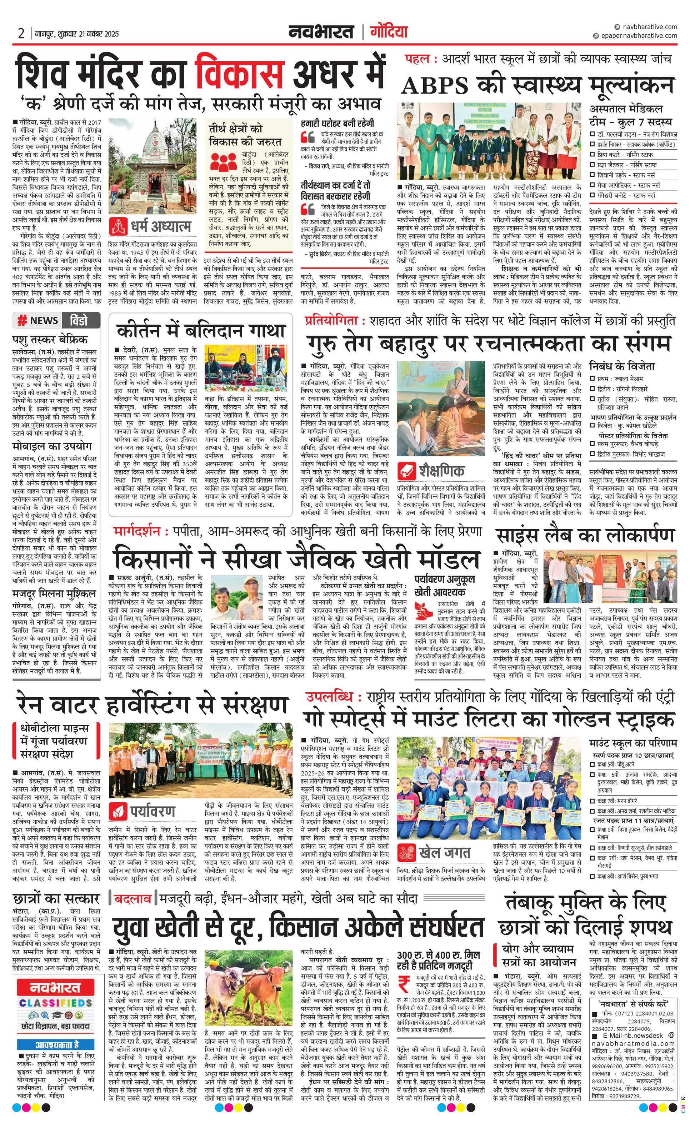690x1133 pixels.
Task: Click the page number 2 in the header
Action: click(x=21, y=34)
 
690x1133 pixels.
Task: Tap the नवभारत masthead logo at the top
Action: click(x=321, y=32)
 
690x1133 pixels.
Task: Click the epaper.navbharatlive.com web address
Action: click(x=637, y=35)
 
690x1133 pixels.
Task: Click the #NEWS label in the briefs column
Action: click(x=38, y=321)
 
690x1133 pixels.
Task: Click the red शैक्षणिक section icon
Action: click(x=407, y=470)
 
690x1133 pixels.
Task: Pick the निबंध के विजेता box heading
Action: click(x=622, y=366)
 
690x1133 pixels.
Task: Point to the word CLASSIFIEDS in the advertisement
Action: click(x=56, y=1003)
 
